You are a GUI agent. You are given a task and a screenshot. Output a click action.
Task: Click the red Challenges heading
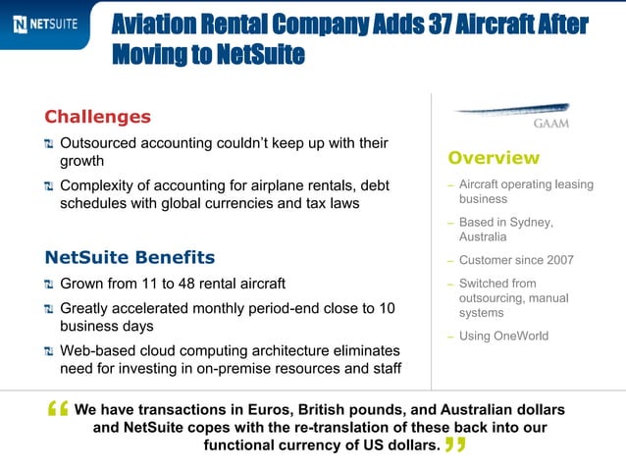tap(98, 117)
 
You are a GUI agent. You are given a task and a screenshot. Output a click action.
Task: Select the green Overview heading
tap(494, 158)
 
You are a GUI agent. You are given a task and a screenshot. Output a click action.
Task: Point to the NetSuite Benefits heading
tap(130, 258)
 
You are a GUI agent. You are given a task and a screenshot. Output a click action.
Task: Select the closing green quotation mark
tap(454, 446)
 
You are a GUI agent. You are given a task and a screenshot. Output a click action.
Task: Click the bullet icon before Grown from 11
tap(49, 285)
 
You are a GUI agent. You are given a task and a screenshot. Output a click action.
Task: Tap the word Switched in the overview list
tap(485, 284)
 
